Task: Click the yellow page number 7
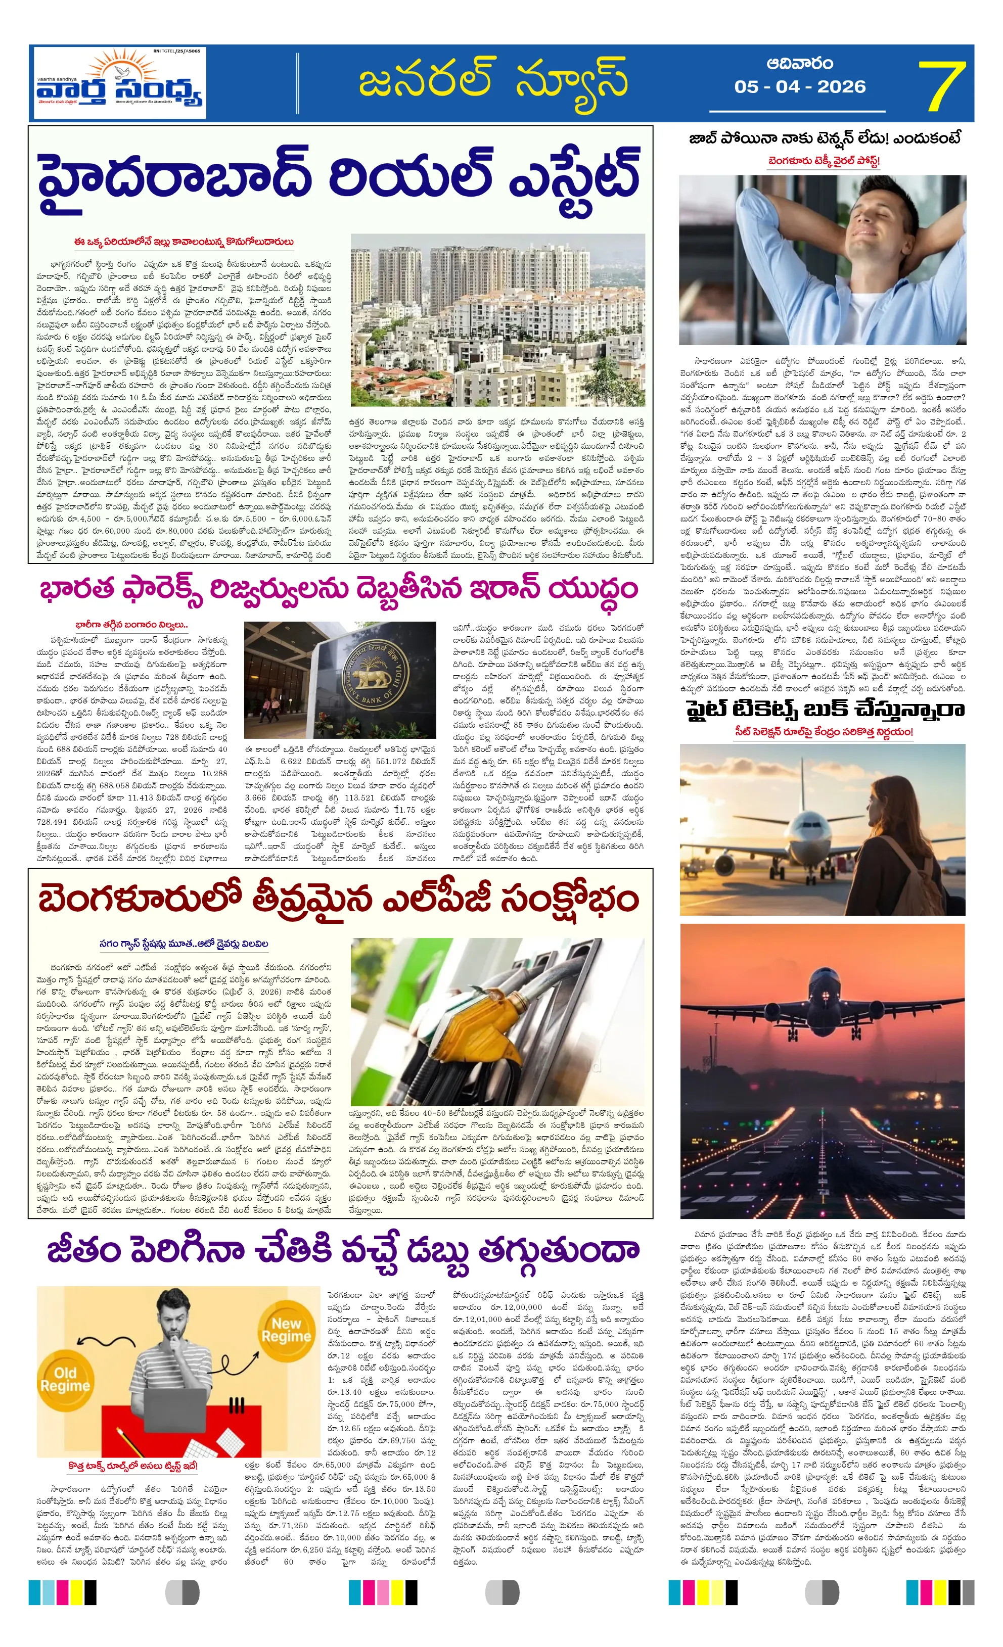point(941,85)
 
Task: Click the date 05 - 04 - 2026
point(800,87)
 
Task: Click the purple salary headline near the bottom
point(342,1249)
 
